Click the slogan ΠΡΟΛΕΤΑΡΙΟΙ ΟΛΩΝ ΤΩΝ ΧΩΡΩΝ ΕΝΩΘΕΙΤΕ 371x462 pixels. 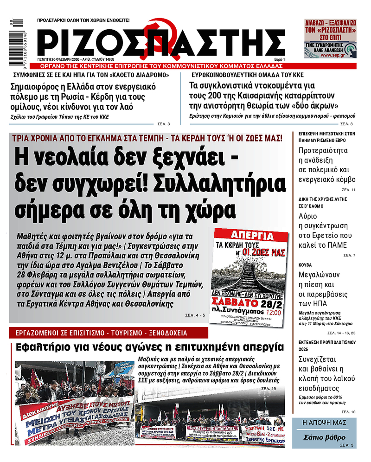[x=83, y=20]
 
